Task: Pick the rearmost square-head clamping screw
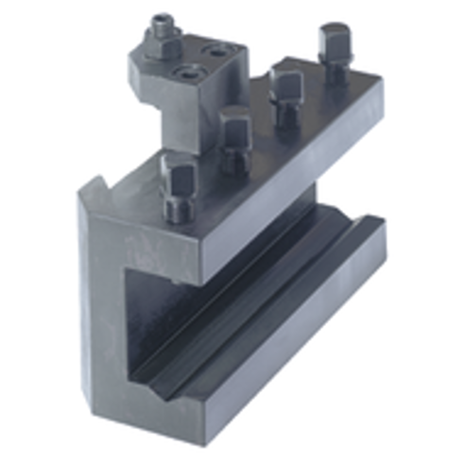(x=333, y=40)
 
